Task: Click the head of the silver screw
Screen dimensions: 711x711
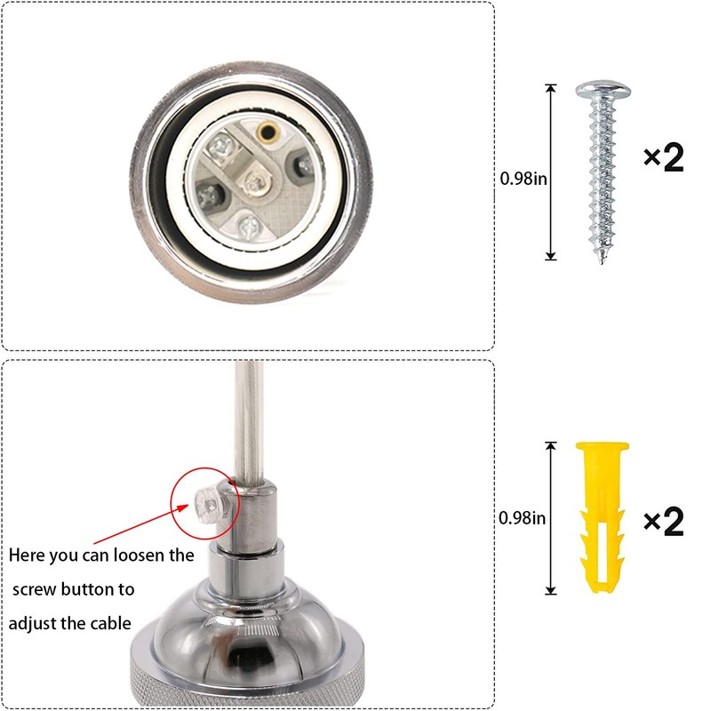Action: click(x=603, y=91)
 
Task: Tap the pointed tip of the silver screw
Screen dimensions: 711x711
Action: click(x=603, y=261)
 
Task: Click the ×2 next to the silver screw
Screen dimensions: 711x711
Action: click(x=663, y=157)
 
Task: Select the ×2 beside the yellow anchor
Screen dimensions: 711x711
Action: click(x=663, y=522)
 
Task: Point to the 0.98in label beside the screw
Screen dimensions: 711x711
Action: click(x=523, y=179)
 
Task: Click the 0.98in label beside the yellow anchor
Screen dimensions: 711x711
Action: click(x=522, y=518)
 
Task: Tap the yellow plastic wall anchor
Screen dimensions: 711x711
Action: click(x=603, y=517)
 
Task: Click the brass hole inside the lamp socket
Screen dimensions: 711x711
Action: click(x=267, y=132)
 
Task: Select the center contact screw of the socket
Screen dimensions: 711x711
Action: click(x=254, y=183)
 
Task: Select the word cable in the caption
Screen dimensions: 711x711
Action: click(x=110, y=624)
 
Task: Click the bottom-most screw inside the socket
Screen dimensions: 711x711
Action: click(x=249, y=226)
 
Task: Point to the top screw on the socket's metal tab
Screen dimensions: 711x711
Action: click(x=220, y=146)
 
